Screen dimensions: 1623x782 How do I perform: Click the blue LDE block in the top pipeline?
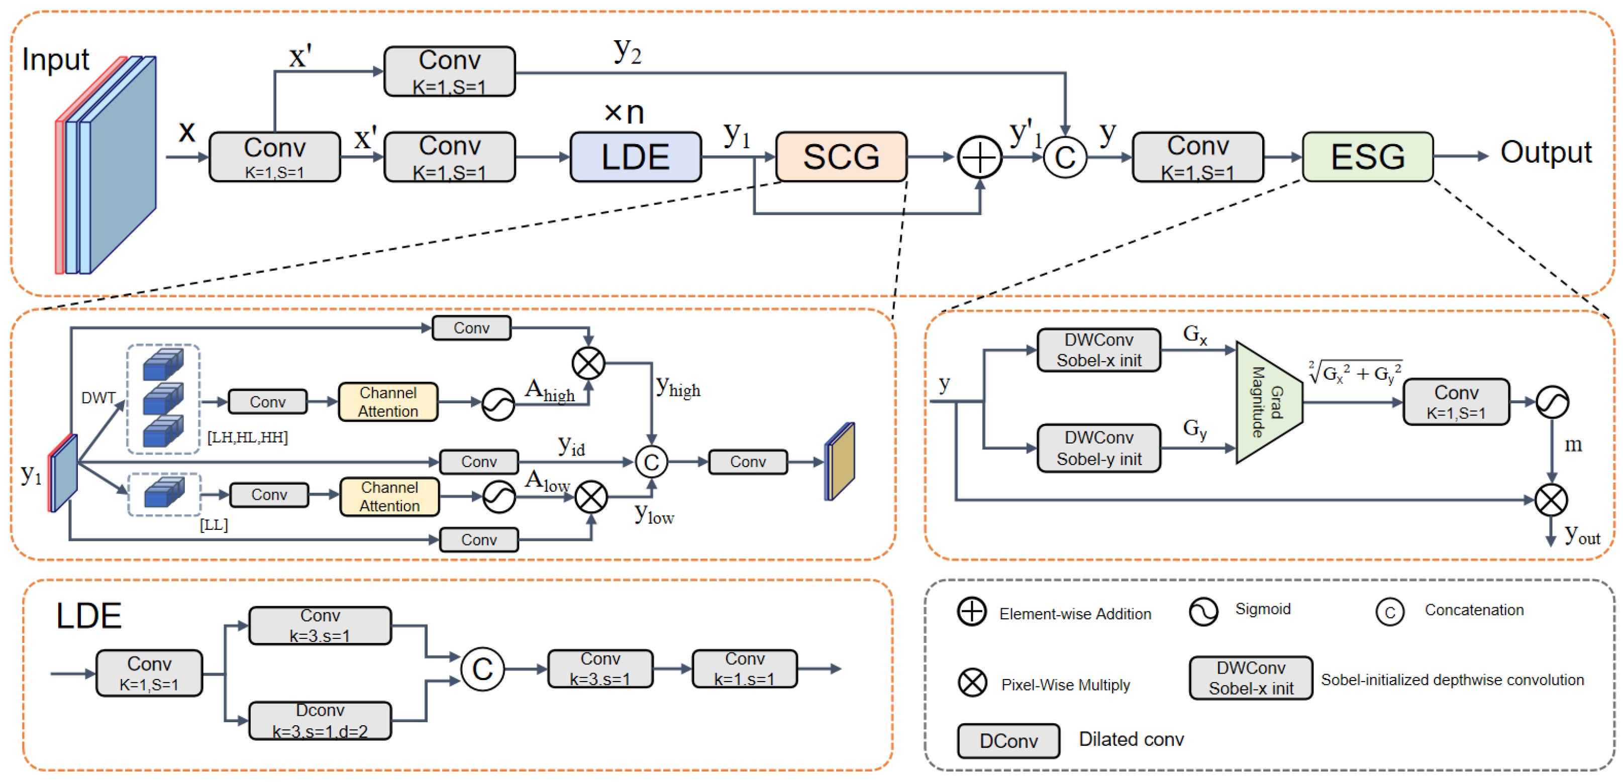point(635,157)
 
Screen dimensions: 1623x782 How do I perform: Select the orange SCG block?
point(841,157)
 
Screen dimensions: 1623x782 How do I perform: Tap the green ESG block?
point(1368,157)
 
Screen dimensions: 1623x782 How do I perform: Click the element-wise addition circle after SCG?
point(980,157)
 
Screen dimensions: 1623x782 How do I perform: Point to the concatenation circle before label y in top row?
point(1065,157)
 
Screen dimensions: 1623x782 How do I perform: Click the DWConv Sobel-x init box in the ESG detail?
point(1099,350)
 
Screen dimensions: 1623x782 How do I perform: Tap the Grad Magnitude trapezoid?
point(1268,403)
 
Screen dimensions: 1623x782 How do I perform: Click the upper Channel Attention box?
point(388,402)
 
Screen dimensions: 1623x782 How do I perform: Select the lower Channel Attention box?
point(389,497)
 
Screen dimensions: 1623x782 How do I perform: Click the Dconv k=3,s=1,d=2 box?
point(320,721)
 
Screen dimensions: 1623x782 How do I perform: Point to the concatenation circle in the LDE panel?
point(482,668)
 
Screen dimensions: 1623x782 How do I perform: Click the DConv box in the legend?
point(1008,741)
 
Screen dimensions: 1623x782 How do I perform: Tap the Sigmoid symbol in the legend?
point(1203,611)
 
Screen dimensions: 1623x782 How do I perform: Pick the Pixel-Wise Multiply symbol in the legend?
point(972,683)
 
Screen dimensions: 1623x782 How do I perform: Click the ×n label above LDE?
point(624,114)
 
